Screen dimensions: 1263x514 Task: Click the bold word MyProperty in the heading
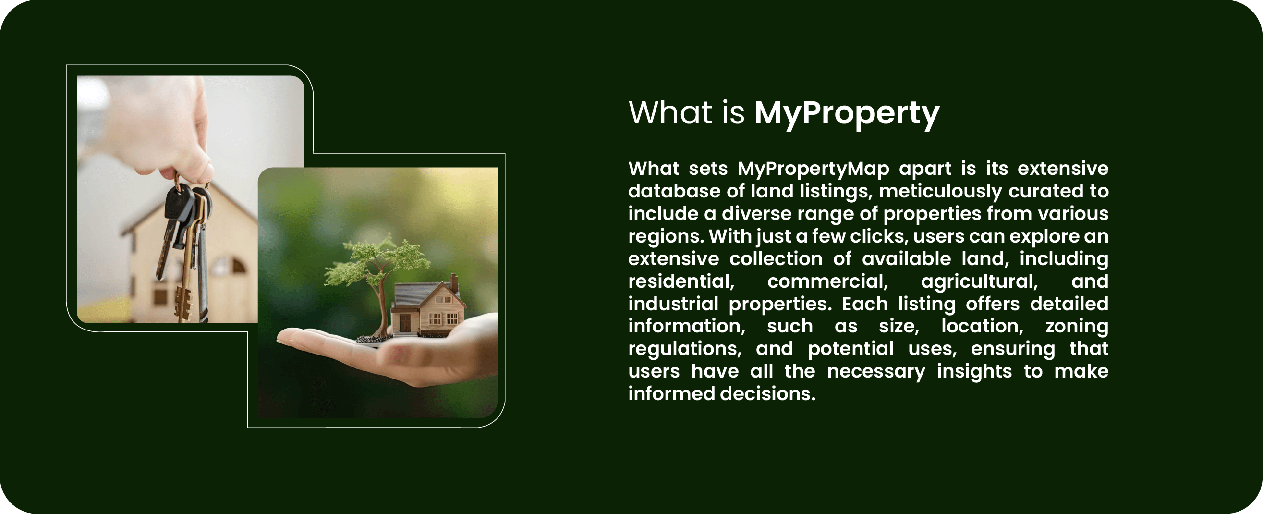[x=847, y=114]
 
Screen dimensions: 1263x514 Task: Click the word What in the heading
[x=670, y=113]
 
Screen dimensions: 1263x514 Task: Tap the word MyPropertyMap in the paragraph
[x=814, y=169]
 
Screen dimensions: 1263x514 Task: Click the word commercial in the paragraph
[x=827, y=281]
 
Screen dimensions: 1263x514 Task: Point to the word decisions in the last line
[x=768, y=394]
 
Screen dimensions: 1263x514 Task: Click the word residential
[x=681, y=281]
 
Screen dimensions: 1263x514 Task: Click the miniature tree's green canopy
[x=376, y=260]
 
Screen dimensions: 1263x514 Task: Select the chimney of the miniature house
[x=454, y=282]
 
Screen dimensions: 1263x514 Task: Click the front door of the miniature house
[x=405, y=323]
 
